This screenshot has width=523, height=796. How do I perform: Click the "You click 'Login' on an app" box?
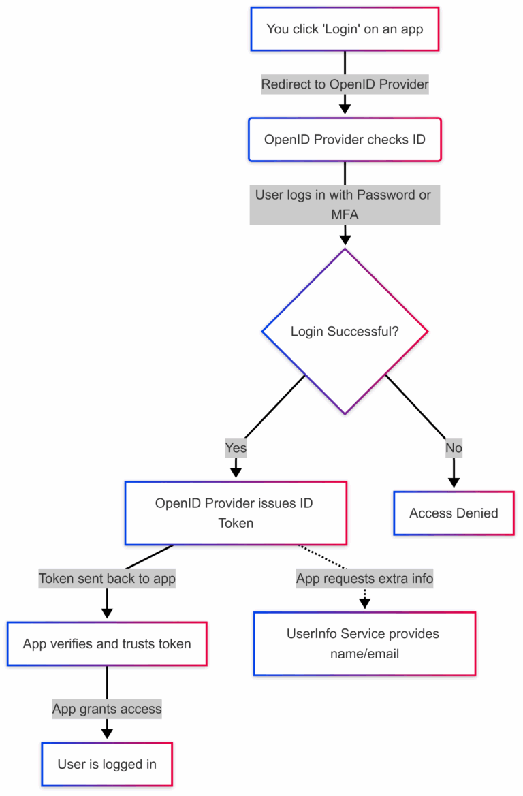(345, 29)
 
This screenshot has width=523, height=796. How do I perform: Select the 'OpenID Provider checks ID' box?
(345, 140)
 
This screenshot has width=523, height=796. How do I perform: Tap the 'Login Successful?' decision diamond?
(345, 332)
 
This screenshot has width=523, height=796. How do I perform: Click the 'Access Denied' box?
(454, 513)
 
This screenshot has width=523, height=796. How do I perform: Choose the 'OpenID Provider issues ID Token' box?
(236, 513)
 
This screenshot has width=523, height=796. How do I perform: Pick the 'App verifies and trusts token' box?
(107, 643)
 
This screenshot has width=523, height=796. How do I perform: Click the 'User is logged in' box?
(107, 764)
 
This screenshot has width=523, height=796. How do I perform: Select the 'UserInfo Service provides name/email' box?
(364, 643)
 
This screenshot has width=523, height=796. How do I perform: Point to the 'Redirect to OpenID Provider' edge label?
(345, 84)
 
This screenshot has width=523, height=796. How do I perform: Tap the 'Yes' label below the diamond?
(236, 448)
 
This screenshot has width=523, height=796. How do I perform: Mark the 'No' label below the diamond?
(454, 448)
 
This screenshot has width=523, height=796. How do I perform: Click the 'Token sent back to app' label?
(107, 579)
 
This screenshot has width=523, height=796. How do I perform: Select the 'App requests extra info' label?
(364, 579)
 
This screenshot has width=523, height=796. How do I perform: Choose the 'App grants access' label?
(107, 709)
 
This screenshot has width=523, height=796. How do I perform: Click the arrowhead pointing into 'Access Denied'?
(454, 482)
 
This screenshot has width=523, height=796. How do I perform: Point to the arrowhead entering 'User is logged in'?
(107, 733)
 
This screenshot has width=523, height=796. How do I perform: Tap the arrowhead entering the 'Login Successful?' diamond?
(345, 239)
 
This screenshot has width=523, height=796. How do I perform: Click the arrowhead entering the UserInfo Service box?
(364, 603)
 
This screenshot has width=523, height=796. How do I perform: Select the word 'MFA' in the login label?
(345, 214)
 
